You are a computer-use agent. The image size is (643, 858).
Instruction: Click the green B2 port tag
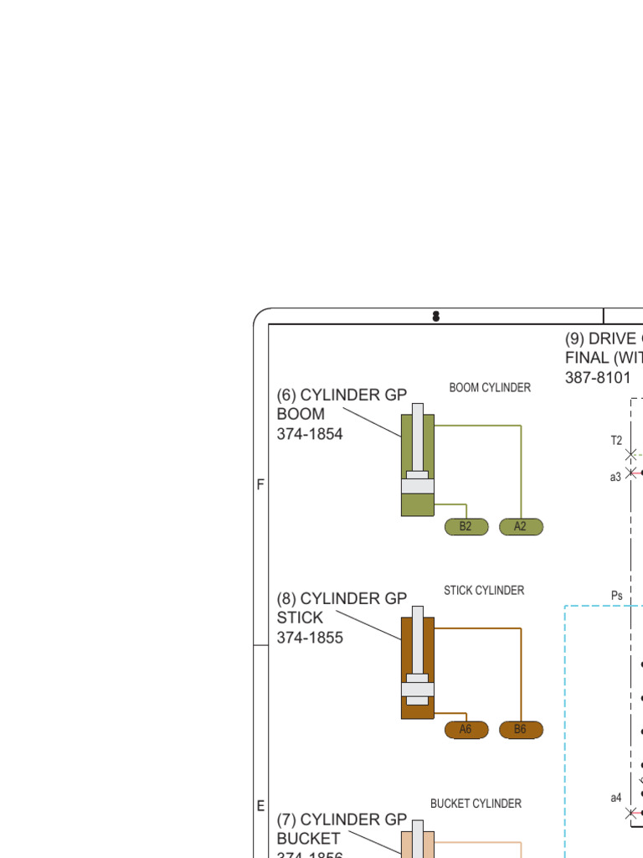466,527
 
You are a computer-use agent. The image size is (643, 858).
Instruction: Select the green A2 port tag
521,527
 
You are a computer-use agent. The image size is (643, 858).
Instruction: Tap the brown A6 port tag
466,730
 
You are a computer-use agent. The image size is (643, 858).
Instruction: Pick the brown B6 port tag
521,730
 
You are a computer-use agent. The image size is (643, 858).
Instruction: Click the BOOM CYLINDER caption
490,388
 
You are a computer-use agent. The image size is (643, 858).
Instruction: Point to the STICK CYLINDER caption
484,591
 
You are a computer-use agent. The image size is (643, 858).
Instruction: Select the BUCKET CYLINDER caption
476,804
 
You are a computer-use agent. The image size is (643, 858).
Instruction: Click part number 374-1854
310,434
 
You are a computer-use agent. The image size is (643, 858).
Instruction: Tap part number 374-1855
310,638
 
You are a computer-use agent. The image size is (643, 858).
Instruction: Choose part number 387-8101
598,377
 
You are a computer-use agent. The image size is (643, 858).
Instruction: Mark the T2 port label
616,441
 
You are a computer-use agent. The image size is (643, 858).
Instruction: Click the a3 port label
615,476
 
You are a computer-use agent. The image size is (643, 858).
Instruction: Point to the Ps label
617,596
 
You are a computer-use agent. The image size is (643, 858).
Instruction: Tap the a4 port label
615,798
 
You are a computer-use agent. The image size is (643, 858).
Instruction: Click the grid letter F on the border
260,485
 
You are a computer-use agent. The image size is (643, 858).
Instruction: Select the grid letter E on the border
260,806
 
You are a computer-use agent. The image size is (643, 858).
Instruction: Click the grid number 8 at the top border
435,316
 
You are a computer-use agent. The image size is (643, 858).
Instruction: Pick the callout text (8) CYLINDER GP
342,598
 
